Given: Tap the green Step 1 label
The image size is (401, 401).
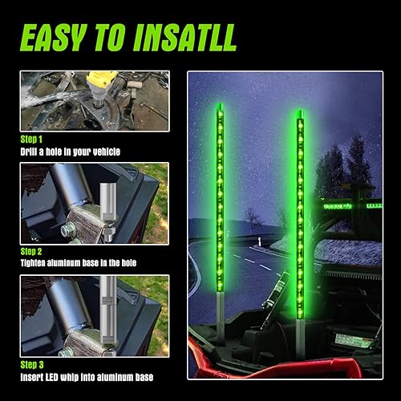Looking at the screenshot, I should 33,138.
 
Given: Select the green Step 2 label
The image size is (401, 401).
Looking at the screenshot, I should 33,250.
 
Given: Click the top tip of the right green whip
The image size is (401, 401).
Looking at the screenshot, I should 299,113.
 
